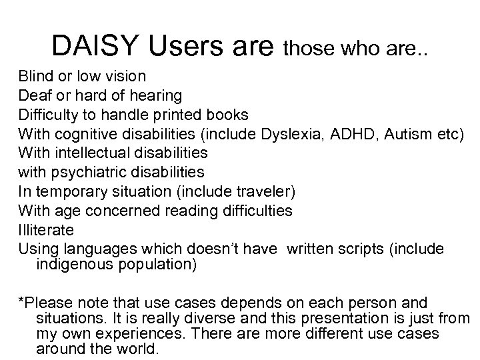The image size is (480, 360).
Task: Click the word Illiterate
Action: [46, 230]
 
